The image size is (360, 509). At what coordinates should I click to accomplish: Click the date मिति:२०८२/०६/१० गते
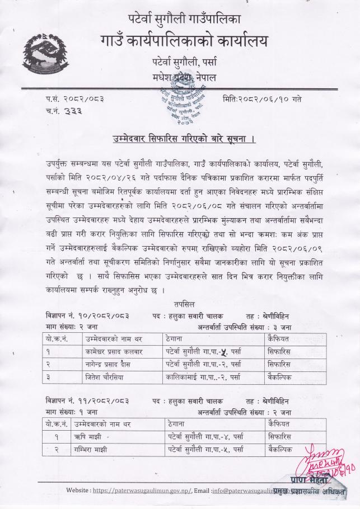261,99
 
